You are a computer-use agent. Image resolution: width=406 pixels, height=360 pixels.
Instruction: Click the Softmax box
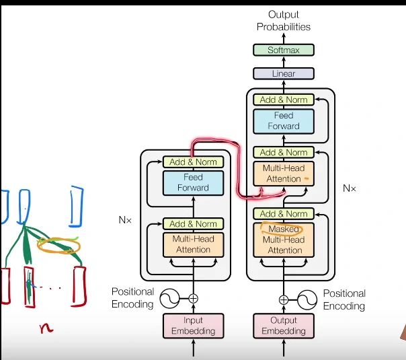click(x=284, y=50)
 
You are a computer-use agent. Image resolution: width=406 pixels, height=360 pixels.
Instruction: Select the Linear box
click(x=284, y=74)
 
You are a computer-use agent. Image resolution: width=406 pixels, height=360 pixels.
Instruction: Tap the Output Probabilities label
click(x=284, y=21)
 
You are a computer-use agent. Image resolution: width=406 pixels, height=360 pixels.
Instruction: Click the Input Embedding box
click(x=194, y=326)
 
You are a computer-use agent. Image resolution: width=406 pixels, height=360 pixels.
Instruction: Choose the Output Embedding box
click(x=284, y=326)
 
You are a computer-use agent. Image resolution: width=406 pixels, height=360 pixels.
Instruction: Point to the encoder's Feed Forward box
click(x=194, y=182)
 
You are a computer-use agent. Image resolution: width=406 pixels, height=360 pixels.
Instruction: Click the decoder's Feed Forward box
click(x=284, y=120)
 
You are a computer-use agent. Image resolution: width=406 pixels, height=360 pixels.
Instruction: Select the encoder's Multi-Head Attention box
click(x=194, y=244)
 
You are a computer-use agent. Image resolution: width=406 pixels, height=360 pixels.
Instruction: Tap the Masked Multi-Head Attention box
click(x=284, y=240)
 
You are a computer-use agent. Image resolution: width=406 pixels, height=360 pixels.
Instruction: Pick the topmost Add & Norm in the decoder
click(x=284, y=100)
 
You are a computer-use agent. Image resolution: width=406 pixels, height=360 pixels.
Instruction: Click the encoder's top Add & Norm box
click(x=194, y=162)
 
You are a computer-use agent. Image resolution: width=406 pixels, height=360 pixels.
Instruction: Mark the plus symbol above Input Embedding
click(x=194, y=298)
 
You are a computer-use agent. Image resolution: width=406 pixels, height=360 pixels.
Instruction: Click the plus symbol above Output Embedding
click(x=284, y=299)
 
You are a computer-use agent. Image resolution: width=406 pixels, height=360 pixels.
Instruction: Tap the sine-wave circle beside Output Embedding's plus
click(x=307, y=299)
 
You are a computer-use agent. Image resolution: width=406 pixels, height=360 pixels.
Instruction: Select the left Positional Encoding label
click(x=133, y=299)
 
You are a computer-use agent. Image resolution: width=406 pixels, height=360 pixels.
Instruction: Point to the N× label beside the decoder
click(x=350, y=189)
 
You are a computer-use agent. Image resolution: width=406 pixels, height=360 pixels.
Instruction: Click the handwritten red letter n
click(x=46, y=328)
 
